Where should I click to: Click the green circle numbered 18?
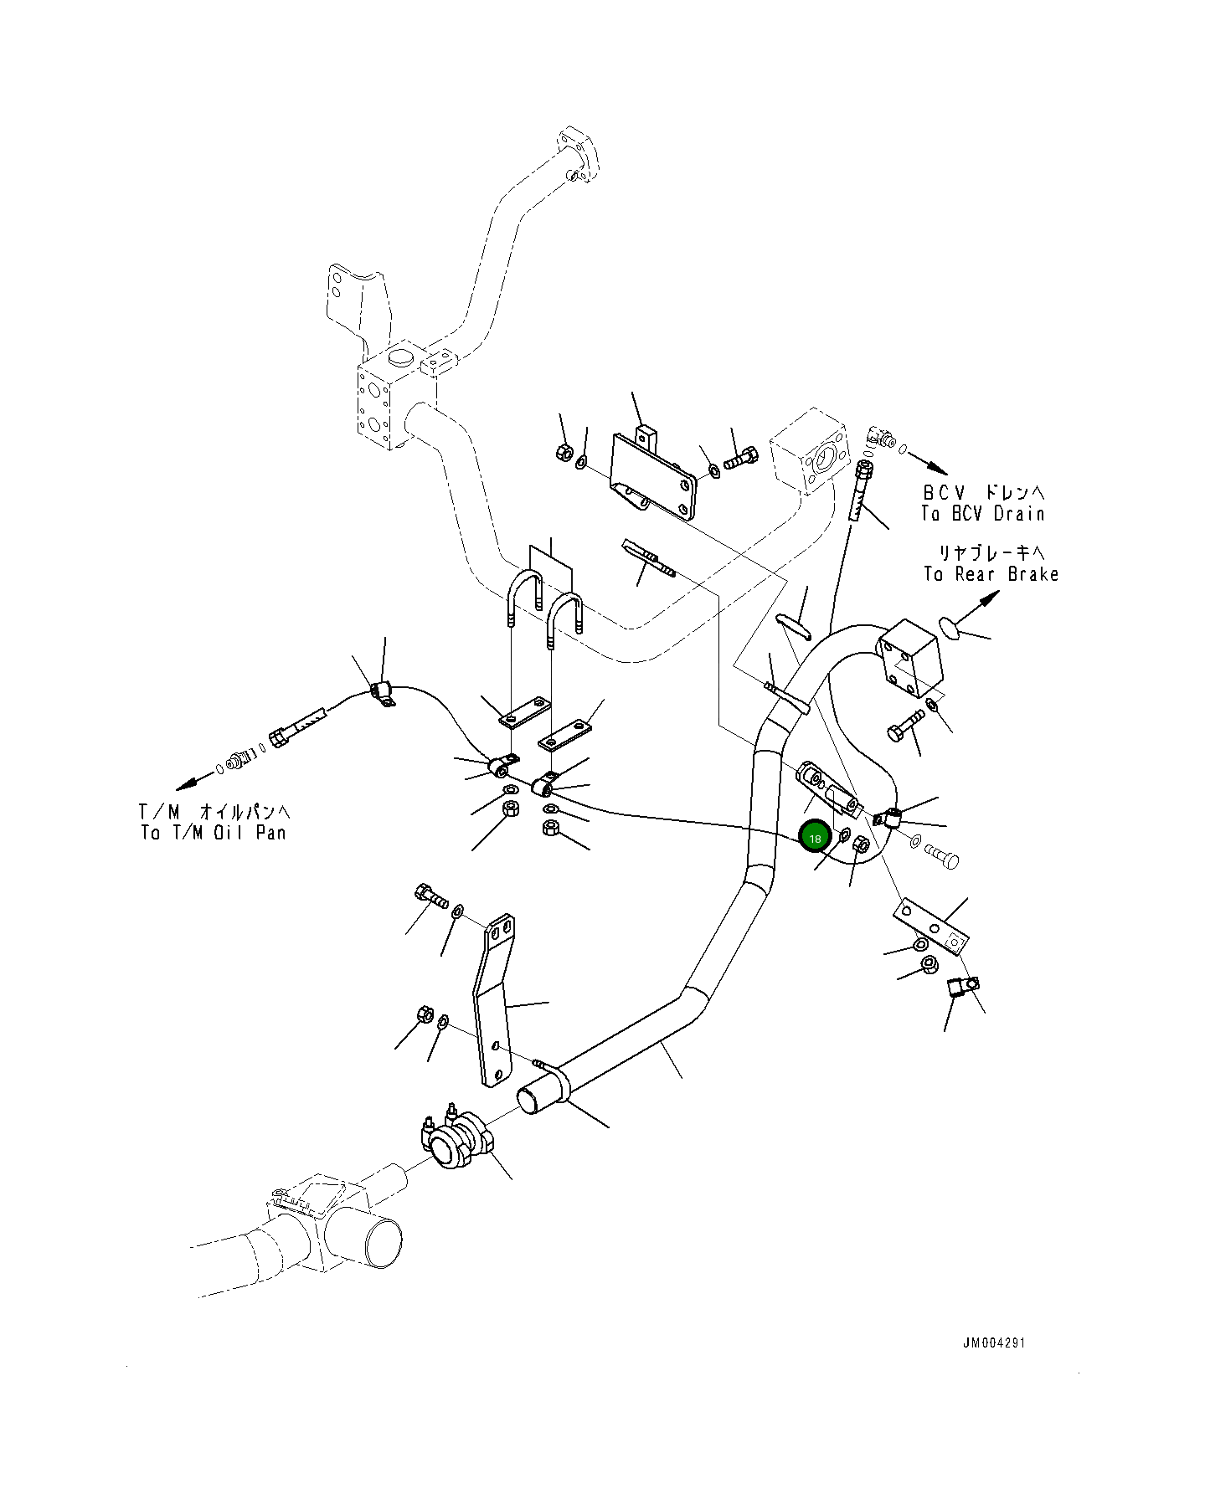point(815,837)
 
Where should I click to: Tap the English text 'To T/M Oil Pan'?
point(214,833)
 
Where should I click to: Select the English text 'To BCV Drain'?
point(983,514)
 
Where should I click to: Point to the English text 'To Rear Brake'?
point(991,574)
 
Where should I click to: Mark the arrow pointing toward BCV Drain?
point(928,459)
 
